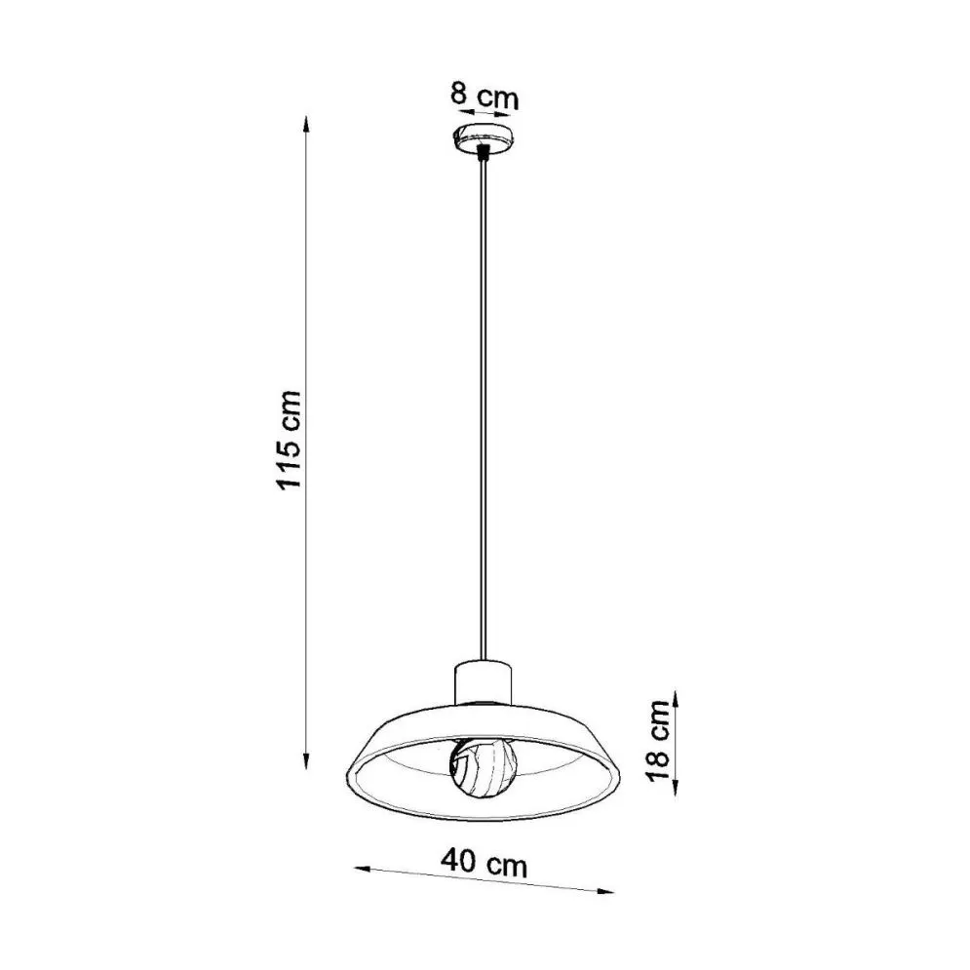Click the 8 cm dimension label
484,97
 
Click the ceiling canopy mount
483,136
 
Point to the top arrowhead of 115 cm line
306,123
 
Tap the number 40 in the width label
459,862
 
